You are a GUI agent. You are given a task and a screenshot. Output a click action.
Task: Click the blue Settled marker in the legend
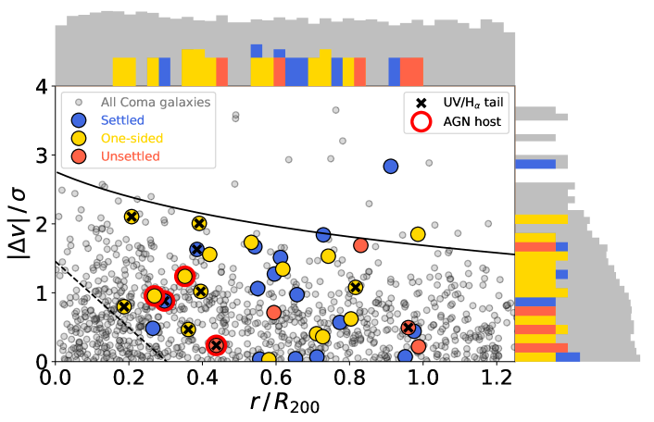[x=79, y=119]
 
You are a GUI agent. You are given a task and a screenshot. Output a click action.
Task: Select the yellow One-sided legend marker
[x=79, y=138]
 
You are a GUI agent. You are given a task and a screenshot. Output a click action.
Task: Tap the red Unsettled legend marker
[x=79, y=156]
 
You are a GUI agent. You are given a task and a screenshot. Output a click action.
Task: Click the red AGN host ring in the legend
[x=422, y=119]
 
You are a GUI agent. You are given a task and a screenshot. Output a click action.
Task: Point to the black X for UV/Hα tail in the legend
[x=422, y=101]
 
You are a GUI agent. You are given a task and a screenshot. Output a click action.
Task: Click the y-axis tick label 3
[x=40, y=155]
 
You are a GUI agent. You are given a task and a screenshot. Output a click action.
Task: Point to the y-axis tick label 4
[x=40, y=87]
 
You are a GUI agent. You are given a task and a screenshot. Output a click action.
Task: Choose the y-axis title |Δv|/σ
[x=17, y=223]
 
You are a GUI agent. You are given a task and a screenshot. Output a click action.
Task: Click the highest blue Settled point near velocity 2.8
[x=391, y=167]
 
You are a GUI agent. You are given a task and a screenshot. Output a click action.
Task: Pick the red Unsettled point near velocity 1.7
[x=361, y=245]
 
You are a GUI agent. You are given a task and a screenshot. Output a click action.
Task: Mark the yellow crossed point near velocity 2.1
[x=132, y=217]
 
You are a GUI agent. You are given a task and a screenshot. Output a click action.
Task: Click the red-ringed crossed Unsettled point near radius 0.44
[x=217, y=345]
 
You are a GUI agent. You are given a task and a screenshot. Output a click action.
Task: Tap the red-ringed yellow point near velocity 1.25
[x=184, y=276]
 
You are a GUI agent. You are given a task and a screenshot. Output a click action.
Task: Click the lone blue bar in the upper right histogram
[x=535, y=164]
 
